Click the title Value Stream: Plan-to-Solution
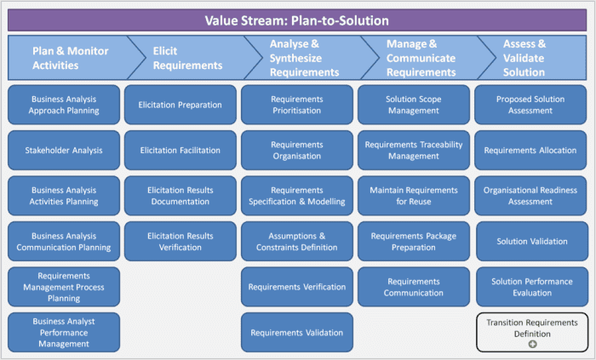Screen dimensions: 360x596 coord(298,20)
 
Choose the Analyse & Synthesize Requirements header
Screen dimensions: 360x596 coord(298,58)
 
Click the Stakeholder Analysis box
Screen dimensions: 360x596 coord(64,151)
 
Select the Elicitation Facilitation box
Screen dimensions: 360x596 coord(181,151)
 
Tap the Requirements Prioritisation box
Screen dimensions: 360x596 coord(297,105)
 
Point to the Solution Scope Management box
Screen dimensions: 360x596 coord(414,105)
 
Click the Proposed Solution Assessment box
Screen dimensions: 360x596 coord(530,105)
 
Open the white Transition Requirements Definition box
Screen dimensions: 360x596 coord(531,328)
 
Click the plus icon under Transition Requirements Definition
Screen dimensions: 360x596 coord(532,344)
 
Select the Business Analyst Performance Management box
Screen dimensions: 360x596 coord(64,333)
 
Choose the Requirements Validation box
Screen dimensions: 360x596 coord(297,333)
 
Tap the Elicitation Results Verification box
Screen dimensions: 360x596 coord(181,242)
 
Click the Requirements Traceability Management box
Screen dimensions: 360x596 coord(414,151)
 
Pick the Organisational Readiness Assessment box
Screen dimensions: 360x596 coord(530,196)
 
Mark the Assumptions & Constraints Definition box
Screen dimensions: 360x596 coord(297,242)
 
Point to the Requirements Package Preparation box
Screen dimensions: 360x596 coord(414,242)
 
